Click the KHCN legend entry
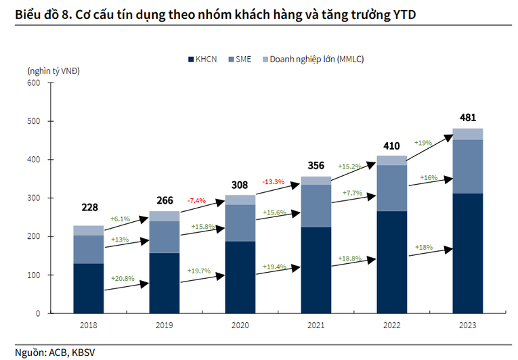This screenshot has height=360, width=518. point(204,60)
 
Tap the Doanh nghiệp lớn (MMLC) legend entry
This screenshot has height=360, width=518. point(311,60)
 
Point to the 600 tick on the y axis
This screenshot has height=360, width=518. point(34,83)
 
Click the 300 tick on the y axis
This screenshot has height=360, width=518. point(34,198)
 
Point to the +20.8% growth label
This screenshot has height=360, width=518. point(123,278)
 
